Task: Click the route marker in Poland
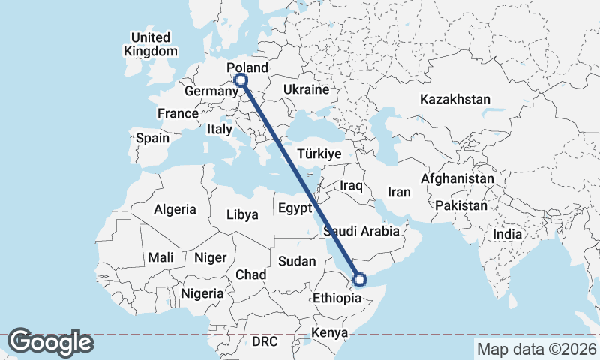pyautogui.click(x=241, y=80)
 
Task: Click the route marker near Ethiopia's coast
pyautogui.click(x=360, y=280)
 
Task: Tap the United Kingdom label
pyautogui.click(x=151, y=44)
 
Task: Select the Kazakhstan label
pyautogui.click(x=454, y=99)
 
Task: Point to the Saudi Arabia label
pyautogui.click(x=361, y=231)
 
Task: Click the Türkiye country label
pyautogui.click(x=319, y=153)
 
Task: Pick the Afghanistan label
pyautogui.click(x=457, y=179)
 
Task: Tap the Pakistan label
pyautogui.click(x=460, y=205)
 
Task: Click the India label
pyautogui.click(x=507, y=234)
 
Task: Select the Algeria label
pyautogui.click(x=175, y=210)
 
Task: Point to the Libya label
pyautogui.click(x=242, y=215)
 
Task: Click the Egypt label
pyautogui.click(x=295, y=208)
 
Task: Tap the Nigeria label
pyautogui.click(x=202, y=293)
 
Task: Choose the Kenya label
pyautogui.click(x=329, y=332)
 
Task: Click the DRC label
pyautogui.click(x=265, y=341)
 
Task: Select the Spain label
pyautogui.click(x=152, y=138)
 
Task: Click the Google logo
pyautogui.click(x=51, y=342)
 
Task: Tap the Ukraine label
pyautogui.click(x=306, y=89)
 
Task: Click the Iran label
pyautogui.click(x=399, y=193)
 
